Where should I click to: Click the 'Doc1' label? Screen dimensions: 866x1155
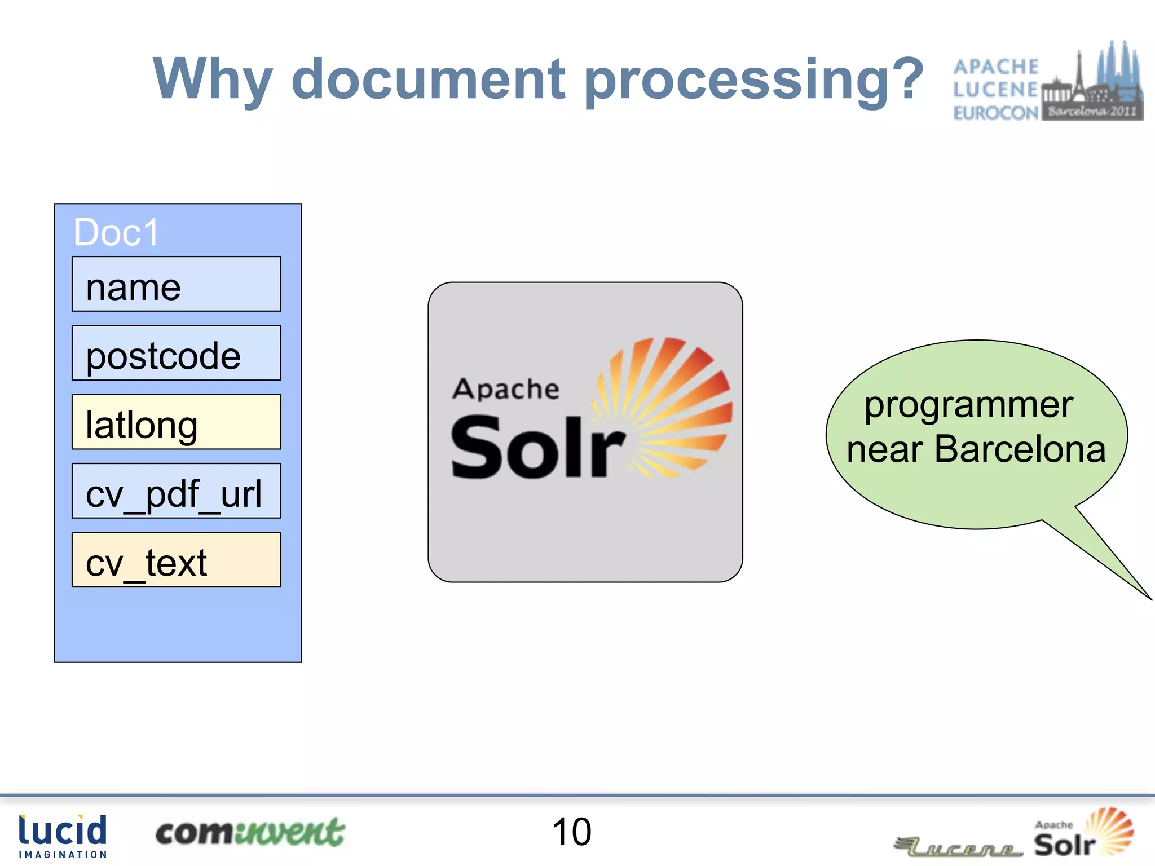pos(117,232)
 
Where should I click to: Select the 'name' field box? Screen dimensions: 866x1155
pos(176,284)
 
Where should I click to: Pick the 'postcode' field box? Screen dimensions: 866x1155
pos(176,353)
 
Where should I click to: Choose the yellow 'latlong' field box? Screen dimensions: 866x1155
pos(176,422)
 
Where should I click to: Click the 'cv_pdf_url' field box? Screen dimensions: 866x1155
pos(176,491)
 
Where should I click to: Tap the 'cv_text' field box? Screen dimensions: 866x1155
pos(176,560)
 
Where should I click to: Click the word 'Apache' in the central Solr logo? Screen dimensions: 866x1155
pos(506,390)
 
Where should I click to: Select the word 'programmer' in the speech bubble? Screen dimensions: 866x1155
pos(968,405)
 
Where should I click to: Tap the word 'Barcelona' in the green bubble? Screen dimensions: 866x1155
pos(1020,449)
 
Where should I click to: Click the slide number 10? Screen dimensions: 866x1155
pos(571,832)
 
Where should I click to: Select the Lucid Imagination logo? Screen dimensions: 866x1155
pos(63,836)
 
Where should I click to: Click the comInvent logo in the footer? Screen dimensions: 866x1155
pos(250,833)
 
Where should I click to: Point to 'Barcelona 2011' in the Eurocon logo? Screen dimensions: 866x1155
pos(1092,111)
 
